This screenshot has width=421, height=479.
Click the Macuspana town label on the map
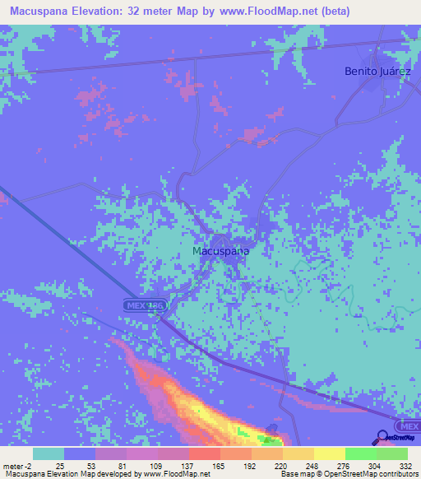220,250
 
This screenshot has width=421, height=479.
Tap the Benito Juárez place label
377,71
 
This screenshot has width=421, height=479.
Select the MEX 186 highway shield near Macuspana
146,305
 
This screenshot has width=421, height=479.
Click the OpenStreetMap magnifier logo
384,437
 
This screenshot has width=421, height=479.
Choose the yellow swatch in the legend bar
329,453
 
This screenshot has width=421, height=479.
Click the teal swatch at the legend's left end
49,453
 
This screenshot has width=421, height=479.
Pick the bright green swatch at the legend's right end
391,453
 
